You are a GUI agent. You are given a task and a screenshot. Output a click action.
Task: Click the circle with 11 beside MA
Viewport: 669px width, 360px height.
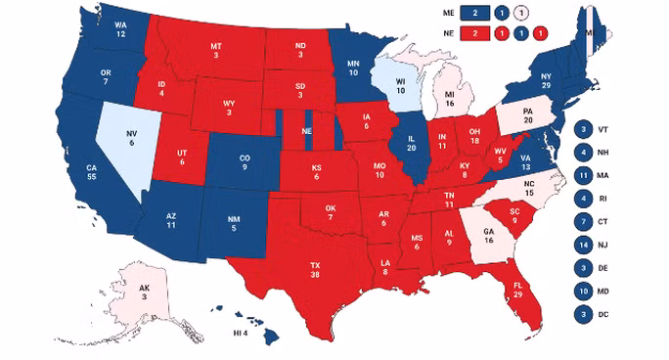tap(584, 176)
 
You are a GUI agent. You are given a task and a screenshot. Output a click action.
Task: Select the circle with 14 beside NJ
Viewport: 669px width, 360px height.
tap(584, 245)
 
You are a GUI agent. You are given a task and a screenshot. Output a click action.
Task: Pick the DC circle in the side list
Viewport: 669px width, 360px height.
tap(584, 313)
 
